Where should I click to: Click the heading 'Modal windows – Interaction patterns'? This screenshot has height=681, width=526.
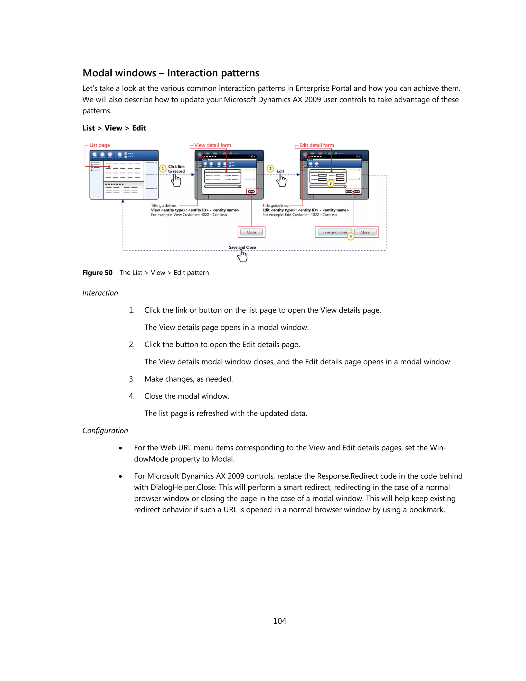click(171, 73)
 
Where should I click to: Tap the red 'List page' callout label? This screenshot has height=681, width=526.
click(99, 145)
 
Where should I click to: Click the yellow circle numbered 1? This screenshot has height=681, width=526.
click(163, 169)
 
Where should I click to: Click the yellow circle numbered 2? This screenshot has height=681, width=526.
click(270, 169)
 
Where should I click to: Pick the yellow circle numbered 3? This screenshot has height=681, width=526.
click(330, 183)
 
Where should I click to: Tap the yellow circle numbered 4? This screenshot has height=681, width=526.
click(351, 237)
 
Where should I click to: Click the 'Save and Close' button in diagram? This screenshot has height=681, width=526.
click(334, 232)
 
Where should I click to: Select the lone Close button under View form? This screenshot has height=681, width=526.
click(251, 232)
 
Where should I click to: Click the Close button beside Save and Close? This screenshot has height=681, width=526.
click(365, 232)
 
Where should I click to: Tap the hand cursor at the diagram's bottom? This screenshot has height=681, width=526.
click(242, 256)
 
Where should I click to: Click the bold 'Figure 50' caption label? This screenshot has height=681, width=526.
click(97, 273)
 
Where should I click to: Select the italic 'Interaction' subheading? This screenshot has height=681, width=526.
click(100, 293)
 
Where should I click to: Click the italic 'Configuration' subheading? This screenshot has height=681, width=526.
click(105, 431)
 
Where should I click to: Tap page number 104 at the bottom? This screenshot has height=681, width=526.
click(279, 621)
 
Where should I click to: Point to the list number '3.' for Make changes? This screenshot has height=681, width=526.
click(132, 379)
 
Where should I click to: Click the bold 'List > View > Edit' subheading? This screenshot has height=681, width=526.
click(114, 128)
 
